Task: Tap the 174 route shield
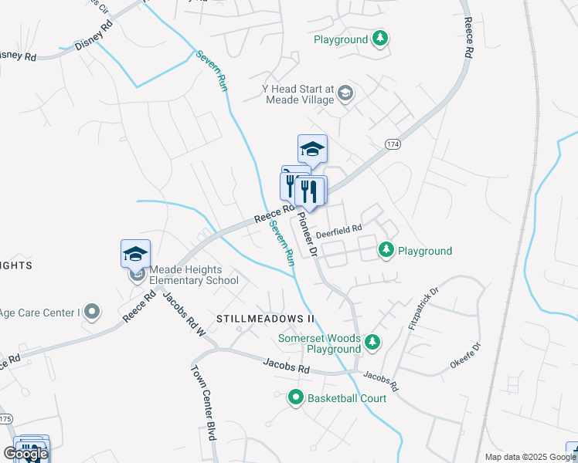393,144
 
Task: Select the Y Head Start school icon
345,94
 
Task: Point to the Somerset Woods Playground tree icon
372,342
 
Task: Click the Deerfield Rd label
339,229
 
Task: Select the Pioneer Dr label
308,234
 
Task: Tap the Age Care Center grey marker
93,312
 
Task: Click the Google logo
25,454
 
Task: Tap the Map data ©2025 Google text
530,457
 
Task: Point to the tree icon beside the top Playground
379,37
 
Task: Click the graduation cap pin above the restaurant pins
312,147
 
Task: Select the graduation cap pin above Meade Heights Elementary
135,253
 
